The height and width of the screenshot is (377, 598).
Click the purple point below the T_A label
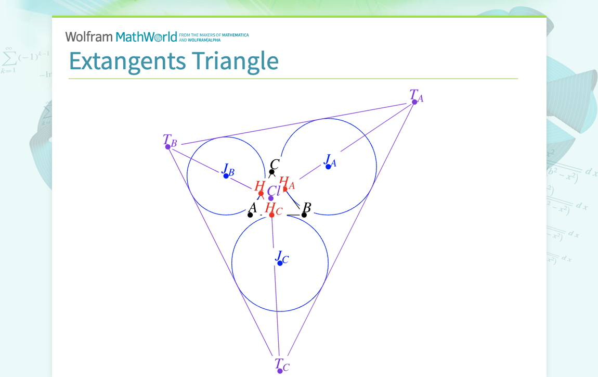414,102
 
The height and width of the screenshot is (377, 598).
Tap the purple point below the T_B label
168,147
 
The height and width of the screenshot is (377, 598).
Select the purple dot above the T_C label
280,371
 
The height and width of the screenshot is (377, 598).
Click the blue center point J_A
328,167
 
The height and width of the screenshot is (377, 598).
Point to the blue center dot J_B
226,176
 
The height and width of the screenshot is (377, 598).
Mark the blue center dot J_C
280,263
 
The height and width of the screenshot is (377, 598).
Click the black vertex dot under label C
271,172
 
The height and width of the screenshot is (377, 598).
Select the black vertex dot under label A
250,215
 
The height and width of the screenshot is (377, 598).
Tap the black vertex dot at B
304,215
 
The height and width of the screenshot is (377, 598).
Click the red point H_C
271,215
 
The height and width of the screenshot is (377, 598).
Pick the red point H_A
285,189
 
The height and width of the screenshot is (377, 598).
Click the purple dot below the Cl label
271,198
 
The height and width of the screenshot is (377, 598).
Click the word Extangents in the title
127,61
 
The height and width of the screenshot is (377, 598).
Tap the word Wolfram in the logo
88,36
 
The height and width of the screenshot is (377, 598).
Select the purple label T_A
416,95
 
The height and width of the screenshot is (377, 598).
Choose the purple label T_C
281,364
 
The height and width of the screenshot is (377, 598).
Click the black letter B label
307,208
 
